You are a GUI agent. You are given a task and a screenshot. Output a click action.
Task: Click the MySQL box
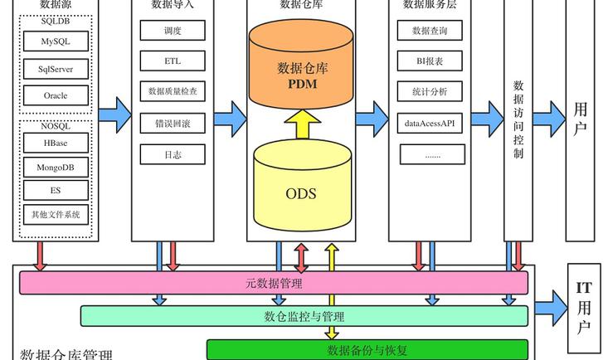tap(56, 41)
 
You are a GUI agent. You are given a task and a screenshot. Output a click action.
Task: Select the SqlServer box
tap(56, 69)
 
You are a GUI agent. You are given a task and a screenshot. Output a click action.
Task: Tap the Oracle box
tap(56, 96)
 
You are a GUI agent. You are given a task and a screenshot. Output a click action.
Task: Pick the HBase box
tap(56, 144)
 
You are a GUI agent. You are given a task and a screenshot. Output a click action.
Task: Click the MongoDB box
tap(56, 167)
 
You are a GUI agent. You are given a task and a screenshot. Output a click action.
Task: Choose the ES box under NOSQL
tap(56, 191)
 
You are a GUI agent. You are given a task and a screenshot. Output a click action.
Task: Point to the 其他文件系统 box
tap(56, 215)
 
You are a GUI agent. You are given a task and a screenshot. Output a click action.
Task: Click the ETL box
tap(173, 61)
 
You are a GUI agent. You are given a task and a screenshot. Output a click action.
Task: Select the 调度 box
tap(173, 31)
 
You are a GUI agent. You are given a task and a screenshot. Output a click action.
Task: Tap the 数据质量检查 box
tap(173, 90)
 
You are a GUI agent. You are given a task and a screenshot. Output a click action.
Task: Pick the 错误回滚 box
tap(173, 123)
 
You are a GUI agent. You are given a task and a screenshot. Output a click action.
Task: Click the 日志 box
tap(173, 154)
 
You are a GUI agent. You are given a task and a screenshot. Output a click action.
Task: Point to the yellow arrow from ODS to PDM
tap(303, 124)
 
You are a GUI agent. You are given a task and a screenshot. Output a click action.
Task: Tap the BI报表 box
tap(430, 61)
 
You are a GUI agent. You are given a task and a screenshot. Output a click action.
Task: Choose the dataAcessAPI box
tap(430, 124)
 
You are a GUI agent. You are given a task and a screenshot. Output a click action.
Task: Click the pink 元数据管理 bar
tap(274, 283)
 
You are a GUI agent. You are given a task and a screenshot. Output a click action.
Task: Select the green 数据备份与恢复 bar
tap(367, 350)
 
